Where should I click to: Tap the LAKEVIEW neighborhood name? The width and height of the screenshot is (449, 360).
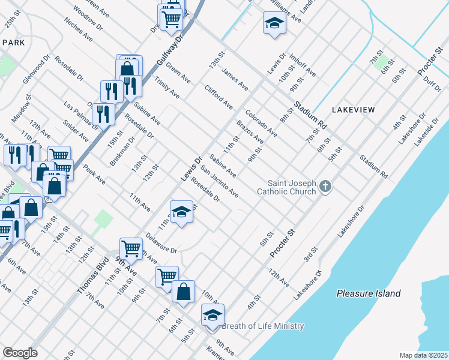coord(353,110)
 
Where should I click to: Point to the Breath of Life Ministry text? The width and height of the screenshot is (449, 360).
coord(262,326)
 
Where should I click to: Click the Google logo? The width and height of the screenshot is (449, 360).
coord(20,353)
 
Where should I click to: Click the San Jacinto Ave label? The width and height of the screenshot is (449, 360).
coord(220,182)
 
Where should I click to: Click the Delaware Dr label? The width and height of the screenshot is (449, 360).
coord(161,246)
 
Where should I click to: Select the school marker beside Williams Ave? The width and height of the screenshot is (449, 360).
coord(274,24)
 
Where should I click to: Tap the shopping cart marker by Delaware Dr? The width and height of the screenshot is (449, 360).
coord(130,247)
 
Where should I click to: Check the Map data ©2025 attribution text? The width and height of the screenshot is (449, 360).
coord(423,355)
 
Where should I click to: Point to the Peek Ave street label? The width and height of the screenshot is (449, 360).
coord(94,174)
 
